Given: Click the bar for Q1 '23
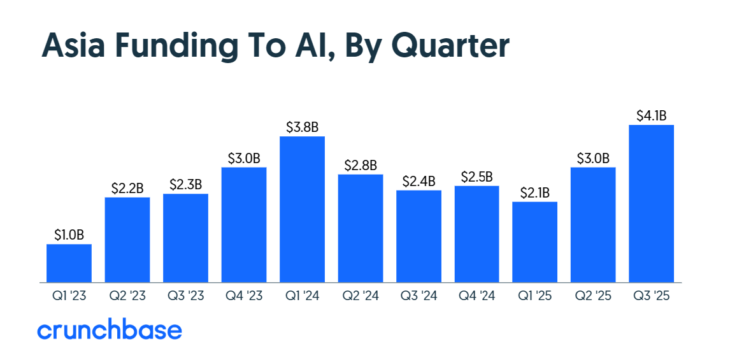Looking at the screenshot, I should tap(69, 263).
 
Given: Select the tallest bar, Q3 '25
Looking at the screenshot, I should tap(651, 203).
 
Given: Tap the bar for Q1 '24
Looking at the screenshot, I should tap(302, 209).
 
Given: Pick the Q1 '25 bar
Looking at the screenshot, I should tap(534, 242).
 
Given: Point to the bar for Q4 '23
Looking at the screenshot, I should tap(244, 224).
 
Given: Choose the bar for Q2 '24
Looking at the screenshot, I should tap(361, 228).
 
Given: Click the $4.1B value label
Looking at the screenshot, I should tap(651, 115).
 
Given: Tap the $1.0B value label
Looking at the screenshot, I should tap(69, 235).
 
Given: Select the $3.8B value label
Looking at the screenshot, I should tap(302, 127).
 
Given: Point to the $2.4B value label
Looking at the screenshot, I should tap(419, 181).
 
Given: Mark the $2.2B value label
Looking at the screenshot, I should tap(127, 188).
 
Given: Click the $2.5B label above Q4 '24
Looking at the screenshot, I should tap(476, 176).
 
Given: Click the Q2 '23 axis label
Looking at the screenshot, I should tap(127, 296).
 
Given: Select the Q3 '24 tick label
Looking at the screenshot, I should tap(419, 296).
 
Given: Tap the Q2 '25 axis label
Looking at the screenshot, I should tap(593, 296).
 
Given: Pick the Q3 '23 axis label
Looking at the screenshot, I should tap(185, 296).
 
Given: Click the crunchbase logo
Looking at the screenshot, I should tap(110, 330).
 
